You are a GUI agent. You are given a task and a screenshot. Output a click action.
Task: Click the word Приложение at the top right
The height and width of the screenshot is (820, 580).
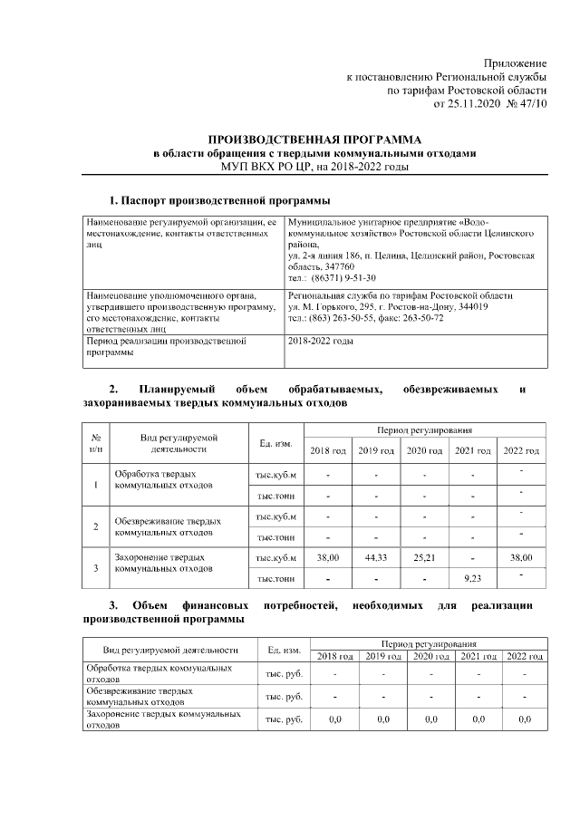point(516,63)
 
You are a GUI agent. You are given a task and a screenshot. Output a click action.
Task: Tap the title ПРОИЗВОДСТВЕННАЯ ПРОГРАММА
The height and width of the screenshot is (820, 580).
point(314,140)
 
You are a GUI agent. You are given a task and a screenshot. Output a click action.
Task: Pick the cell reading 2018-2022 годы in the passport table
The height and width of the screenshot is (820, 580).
point(320,342)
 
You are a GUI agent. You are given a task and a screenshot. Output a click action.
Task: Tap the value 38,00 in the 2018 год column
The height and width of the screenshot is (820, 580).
point(327,558)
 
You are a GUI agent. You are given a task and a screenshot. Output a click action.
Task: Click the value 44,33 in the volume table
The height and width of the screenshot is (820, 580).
point(375,558)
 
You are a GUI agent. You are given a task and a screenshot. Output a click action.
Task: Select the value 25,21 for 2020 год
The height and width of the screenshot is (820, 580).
point(423,558)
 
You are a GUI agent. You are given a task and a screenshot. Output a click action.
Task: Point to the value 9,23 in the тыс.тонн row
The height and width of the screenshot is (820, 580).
point(472,576)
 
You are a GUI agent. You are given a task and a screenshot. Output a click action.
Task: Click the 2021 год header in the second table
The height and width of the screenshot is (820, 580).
point(472,450)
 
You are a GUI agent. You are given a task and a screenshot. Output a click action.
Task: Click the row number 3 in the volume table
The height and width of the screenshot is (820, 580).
point(96,567)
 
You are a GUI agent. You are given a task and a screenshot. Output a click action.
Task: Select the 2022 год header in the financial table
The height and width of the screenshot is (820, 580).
point(524,655)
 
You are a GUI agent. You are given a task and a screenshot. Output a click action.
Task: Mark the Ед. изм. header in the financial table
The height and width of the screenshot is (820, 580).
point(284,649)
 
